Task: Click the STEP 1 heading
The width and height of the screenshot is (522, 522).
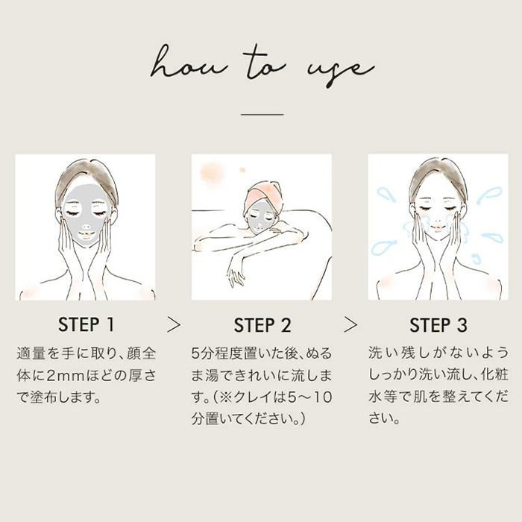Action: [87, 324]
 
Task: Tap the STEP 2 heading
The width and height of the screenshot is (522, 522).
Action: [262, 325]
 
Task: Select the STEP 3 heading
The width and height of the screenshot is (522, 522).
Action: [438, 325]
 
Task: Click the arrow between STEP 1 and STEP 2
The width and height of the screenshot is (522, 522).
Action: [174, 324]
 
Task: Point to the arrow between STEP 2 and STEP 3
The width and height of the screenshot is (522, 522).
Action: [350, 324]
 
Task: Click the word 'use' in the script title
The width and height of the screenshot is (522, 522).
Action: [340, 70]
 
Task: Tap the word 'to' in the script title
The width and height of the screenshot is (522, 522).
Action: [265, 63]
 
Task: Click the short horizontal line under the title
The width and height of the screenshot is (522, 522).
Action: [262, 114]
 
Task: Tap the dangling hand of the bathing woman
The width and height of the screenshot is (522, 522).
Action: [235, 272]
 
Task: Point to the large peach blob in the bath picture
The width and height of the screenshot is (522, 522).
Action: [212, 173]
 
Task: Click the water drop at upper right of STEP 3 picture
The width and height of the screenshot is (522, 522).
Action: [489, 194]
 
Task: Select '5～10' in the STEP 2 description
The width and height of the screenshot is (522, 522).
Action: [309, 397]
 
